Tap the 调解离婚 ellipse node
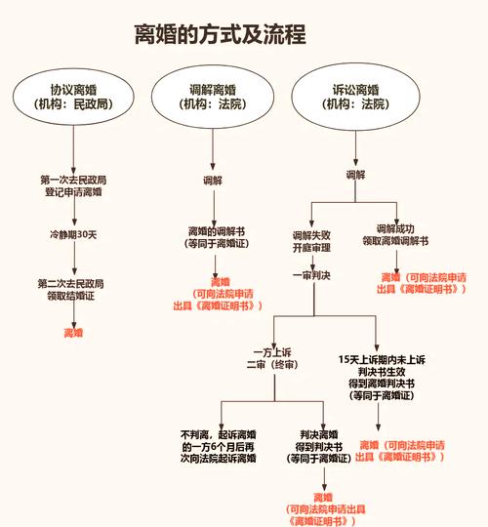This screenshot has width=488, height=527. (213, 95)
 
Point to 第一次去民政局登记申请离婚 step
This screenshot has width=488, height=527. (73, 185)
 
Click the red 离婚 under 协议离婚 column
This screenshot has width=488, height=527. (73, 333)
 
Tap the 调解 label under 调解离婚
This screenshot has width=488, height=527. (213, 181)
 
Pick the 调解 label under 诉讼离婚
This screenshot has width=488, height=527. (354, 175)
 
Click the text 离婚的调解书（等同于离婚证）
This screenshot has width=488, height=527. (213, 238)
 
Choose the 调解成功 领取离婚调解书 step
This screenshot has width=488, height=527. (395, 234)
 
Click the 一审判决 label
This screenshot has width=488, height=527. (312, 276)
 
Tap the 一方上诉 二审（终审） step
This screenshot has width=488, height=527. (274, 357)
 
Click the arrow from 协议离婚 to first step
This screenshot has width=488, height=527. (73, 146)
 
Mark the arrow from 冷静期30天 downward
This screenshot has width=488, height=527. (73, 260)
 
